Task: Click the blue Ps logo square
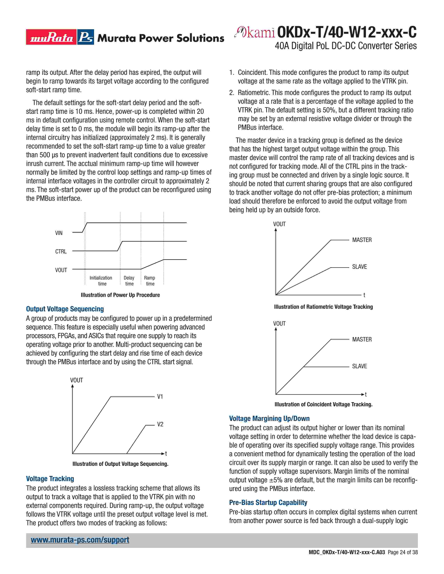pos(86,37)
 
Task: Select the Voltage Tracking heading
pos(50,479)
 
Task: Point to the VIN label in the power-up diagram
pos(59,233)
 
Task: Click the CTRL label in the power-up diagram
pos(61,252)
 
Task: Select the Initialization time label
pos(101,281)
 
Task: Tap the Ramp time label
pos(150,281)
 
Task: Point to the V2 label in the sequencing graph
pos(160,424)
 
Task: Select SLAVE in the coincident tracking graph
pos(359,366)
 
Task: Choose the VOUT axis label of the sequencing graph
pos(77,380)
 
